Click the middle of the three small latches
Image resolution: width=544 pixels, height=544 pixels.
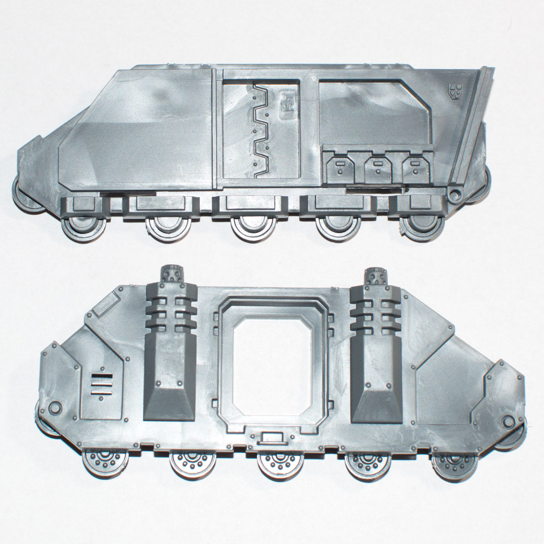coord(377,168)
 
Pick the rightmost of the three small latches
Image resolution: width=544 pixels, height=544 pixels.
coord(414,168)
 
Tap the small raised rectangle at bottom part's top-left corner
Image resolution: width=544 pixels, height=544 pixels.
coord(107,306)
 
